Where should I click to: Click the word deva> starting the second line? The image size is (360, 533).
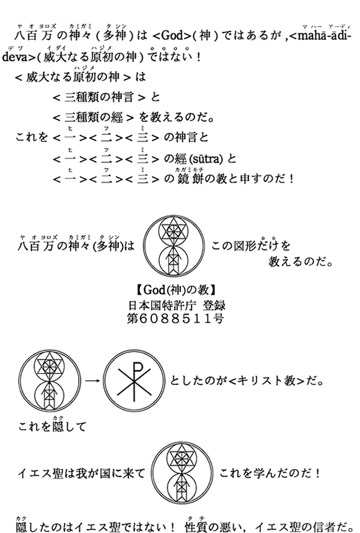[x=19, y=57]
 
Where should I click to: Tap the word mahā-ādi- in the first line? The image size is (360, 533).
[x=320, y=35]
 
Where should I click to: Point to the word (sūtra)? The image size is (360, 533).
[x=206, y=158]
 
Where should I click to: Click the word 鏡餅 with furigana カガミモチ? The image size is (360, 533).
[x=188, y=178]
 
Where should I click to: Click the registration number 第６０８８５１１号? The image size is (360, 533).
[x=175, y=319]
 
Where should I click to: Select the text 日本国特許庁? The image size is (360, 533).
[x=162, y=305]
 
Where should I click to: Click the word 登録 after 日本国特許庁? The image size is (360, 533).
[x=214, y=305]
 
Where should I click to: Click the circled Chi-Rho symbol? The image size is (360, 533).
[x=134, y=381]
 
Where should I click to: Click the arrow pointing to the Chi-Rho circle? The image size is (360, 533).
[x=92, y=381]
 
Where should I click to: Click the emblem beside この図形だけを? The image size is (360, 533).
[x=174, y=245]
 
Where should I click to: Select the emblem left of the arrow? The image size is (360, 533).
[x=50, y=381]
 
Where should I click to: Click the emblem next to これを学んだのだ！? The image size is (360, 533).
[x=182, y=473]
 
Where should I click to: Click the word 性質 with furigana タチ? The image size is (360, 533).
[x=196, y=526]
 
